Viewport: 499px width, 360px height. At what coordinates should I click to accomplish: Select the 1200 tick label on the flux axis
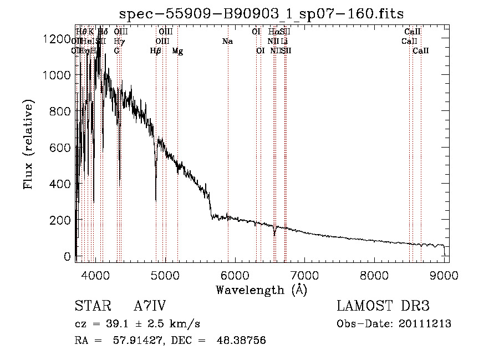point(58,39)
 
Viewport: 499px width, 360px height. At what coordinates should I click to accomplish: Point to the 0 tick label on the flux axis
point(68,257)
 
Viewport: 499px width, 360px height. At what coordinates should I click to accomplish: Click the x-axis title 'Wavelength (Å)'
point(261,290)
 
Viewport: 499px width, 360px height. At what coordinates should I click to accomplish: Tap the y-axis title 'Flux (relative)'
point(28,144)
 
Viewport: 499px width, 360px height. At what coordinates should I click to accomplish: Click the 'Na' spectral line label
point(227,42)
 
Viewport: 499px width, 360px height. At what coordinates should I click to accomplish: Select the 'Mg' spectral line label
point(177,51)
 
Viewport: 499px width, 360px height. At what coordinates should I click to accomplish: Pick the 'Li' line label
point(284,42)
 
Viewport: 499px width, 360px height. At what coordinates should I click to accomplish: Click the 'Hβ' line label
point(156,51)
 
